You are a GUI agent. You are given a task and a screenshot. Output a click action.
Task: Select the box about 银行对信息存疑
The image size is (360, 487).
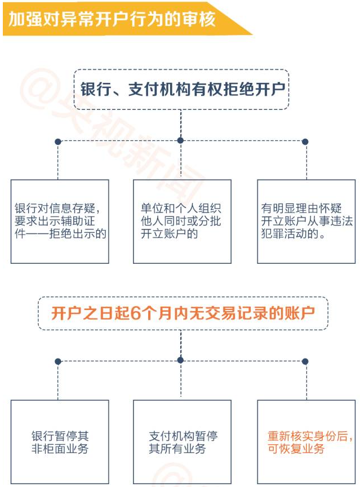[60, 221]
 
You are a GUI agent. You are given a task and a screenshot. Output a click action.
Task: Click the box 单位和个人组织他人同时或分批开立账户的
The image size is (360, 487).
[182, 221]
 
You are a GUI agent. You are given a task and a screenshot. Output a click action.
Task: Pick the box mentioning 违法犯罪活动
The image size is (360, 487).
[306, 221]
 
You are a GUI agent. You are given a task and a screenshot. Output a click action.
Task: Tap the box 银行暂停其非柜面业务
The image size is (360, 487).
[60, 442]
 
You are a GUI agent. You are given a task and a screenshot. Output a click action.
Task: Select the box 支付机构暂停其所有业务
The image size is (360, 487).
[182, 442]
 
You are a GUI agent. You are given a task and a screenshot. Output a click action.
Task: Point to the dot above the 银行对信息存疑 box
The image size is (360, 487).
[57, 141]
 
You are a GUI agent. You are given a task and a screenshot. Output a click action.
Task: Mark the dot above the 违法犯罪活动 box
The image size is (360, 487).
[305, 141]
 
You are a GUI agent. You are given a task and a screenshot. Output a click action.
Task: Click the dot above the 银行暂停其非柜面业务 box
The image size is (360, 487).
[57, 361]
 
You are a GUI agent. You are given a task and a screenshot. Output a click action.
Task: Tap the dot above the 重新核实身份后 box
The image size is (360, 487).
[305, 361]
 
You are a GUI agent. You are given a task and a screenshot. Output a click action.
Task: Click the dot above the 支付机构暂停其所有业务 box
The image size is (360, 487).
[180, 360]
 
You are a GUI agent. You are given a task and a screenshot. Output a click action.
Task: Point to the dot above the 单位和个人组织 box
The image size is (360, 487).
[180, 140]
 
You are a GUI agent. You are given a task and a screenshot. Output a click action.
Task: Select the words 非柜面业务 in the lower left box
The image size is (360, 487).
[60, 449]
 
